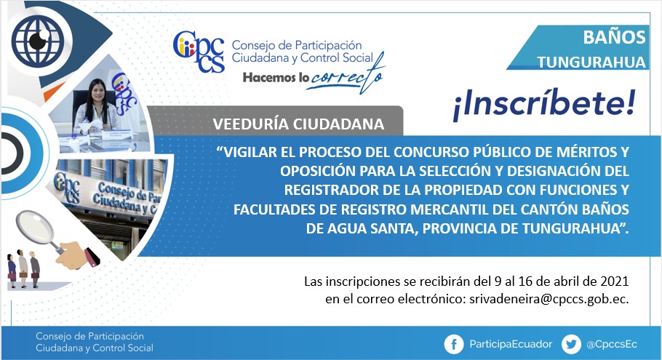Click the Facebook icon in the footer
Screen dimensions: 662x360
(x=454, y=345)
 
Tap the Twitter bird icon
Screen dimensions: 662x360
(x=571, y=345)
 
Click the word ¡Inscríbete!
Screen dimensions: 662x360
(x=544, y=105)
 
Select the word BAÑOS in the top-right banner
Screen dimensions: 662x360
(x=614, y=37)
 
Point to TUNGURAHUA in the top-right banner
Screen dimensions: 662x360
(x=591, y=63)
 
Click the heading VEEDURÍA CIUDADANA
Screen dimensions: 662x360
(x=298, y=124)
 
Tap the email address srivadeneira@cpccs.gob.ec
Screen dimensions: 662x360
(x=549, y=299)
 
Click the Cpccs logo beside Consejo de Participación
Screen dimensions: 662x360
(x=199, y=52)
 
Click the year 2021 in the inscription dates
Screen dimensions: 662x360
(x=614, y=281)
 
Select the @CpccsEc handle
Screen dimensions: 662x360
(x=611, y=345)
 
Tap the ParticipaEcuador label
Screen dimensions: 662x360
(x=511, y=345)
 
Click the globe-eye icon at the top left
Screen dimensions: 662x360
(x=38, y=41)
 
